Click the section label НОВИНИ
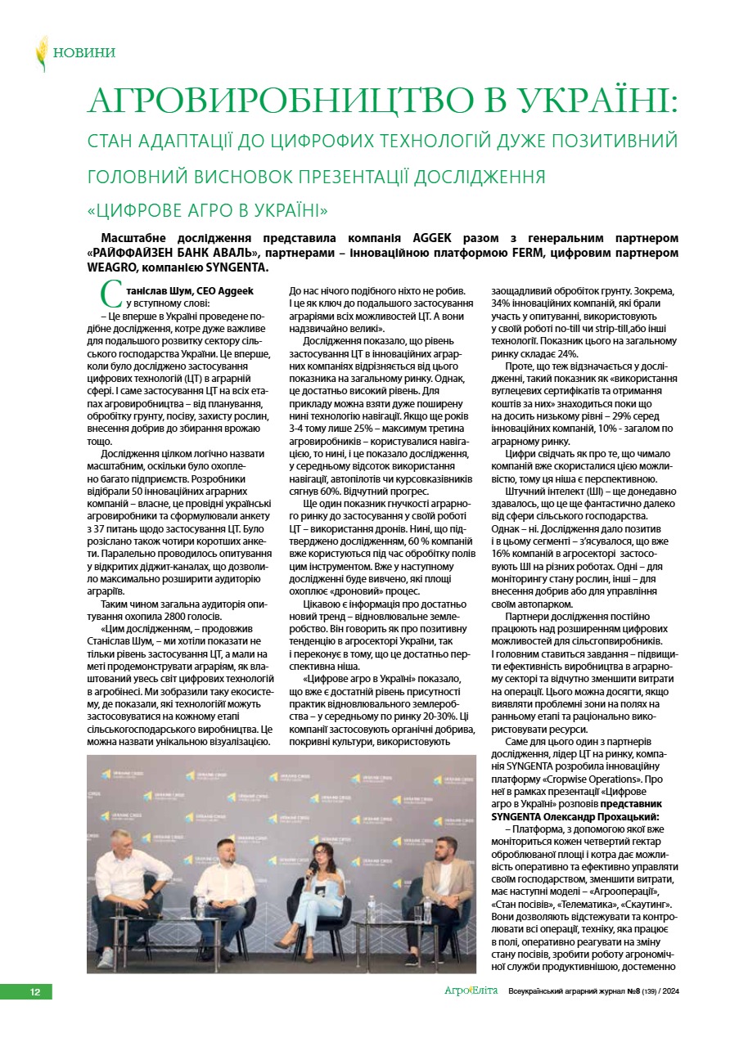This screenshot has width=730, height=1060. pos(84,53)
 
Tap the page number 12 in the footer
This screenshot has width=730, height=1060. pos(35,992)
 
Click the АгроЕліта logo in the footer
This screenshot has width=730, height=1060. pos(471,991)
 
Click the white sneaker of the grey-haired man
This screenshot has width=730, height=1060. pos(107,957)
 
